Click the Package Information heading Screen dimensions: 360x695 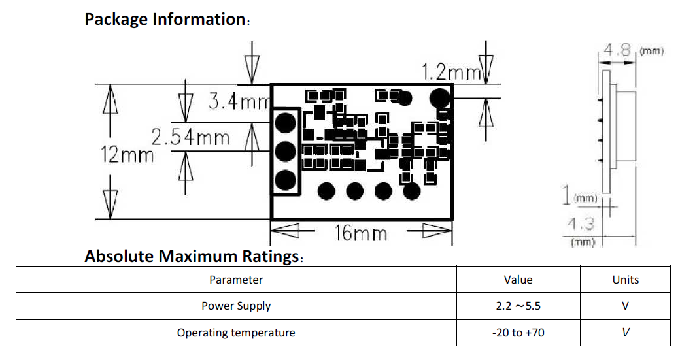coord(165,19)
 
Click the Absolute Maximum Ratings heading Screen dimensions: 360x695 coord(192,256)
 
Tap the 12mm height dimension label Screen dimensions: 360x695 coord(127,155)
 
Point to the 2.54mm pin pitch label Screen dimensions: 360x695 coord(190,138)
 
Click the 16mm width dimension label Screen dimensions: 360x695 coord(361,233)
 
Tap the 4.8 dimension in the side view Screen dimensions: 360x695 coord(617,50)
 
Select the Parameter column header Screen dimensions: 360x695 coord(236,280)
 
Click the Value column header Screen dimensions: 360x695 coord(518,280)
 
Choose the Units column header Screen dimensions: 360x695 coord(625,280)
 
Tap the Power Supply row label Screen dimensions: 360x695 coord(236,306)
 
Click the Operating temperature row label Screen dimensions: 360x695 coord(236,333)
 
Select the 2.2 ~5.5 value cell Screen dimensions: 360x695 coord(518,306)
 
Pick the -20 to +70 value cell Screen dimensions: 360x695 coord(518,333)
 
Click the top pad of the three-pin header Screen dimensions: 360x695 coord(285,122)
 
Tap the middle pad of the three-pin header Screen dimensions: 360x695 coord(285,152)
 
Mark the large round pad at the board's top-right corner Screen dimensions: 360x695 coord(441,98)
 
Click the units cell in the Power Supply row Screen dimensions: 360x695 coord(625,306)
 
